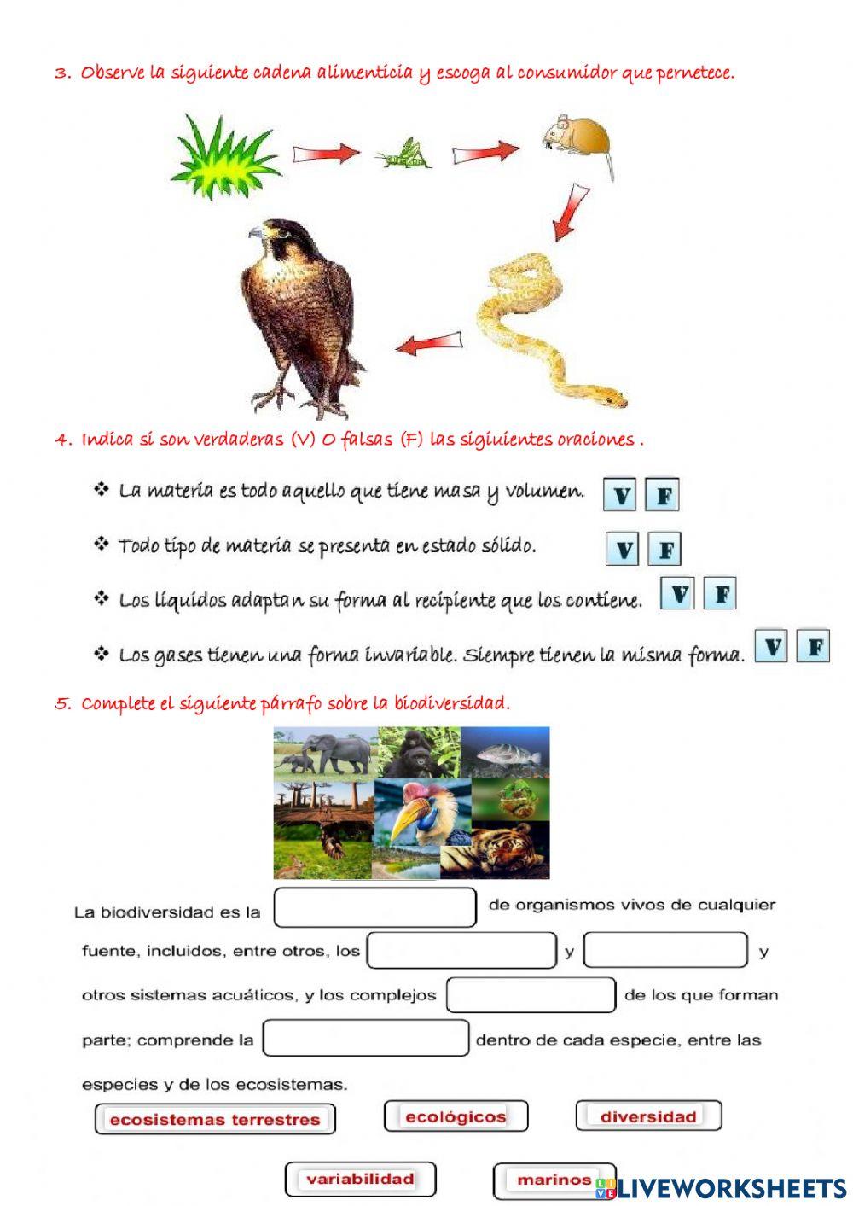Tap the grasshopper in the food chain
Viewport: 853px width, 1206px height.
pyautogui.click(x=403, y=153)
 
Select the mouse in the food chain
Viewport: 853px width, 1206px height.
pyautogui.click(x=577, y=138)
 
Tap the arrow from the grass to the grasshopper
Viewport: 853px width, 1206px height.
pyautogui.click(x=327, y=154)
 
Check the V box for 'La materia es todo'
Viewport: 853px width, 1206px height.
pyautogui.click(x=620, y=494)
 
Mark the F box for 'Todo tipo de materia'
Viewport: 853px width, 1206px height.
pyautogui.click(x=664, y=549)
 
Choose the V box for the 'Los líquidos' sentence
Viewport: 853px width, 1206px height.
pyautogui.click(x=678, y=593)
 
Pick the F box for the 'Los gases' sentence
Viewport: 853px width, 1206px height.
pyautogui.click(x=814, y=646)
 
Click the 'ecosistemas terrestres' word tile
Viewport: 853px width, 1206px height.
pyautogui.click(x=215, y=1119)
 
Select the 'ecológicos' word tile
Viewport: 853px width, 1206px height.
pyautogui.click(x=456, y=1116)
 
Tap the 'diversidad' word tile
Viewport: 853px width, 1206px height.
pyautogui.click(x=648, y=1116)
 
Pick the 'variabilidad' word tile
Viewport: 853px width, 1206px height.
pyautogui.click(x=360, y=1179)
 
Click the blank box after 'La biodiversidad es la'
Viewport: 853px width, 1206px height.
pyautogui.click(x=375, y=907)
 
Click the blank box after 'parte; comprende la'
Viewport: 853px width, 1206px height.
pyautogui.click(x=366, y=1038)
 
